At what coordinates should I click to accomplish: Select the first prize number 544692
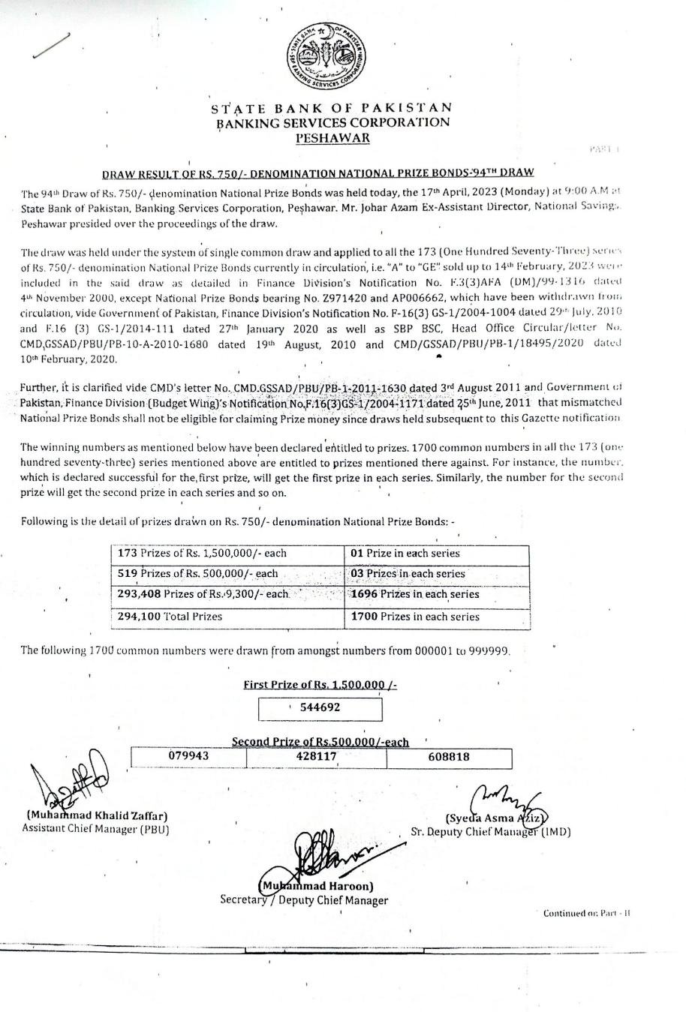tap(320, 707)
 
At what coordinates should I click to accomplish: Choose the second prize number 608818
tap(449, 757)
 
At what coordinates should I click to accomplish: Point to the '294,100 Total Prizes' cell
tap(170, 617)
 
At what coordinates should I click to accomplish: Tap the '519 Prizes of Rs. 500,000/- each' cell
tap(198, 574)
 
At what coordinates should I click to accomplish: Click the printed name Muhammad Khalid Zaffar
tap(97, 816)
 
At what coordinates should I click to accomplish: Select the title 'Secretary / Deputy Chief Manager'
tap(304, 900)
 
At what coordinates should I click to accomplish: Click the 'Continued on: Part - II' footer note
tap(586, 913)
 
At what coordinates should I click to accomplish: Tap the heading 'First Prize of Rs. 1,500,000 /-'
tap(320, 685)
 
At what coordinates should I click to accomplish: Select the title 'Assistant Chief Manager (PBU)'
tap(96, 829)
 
